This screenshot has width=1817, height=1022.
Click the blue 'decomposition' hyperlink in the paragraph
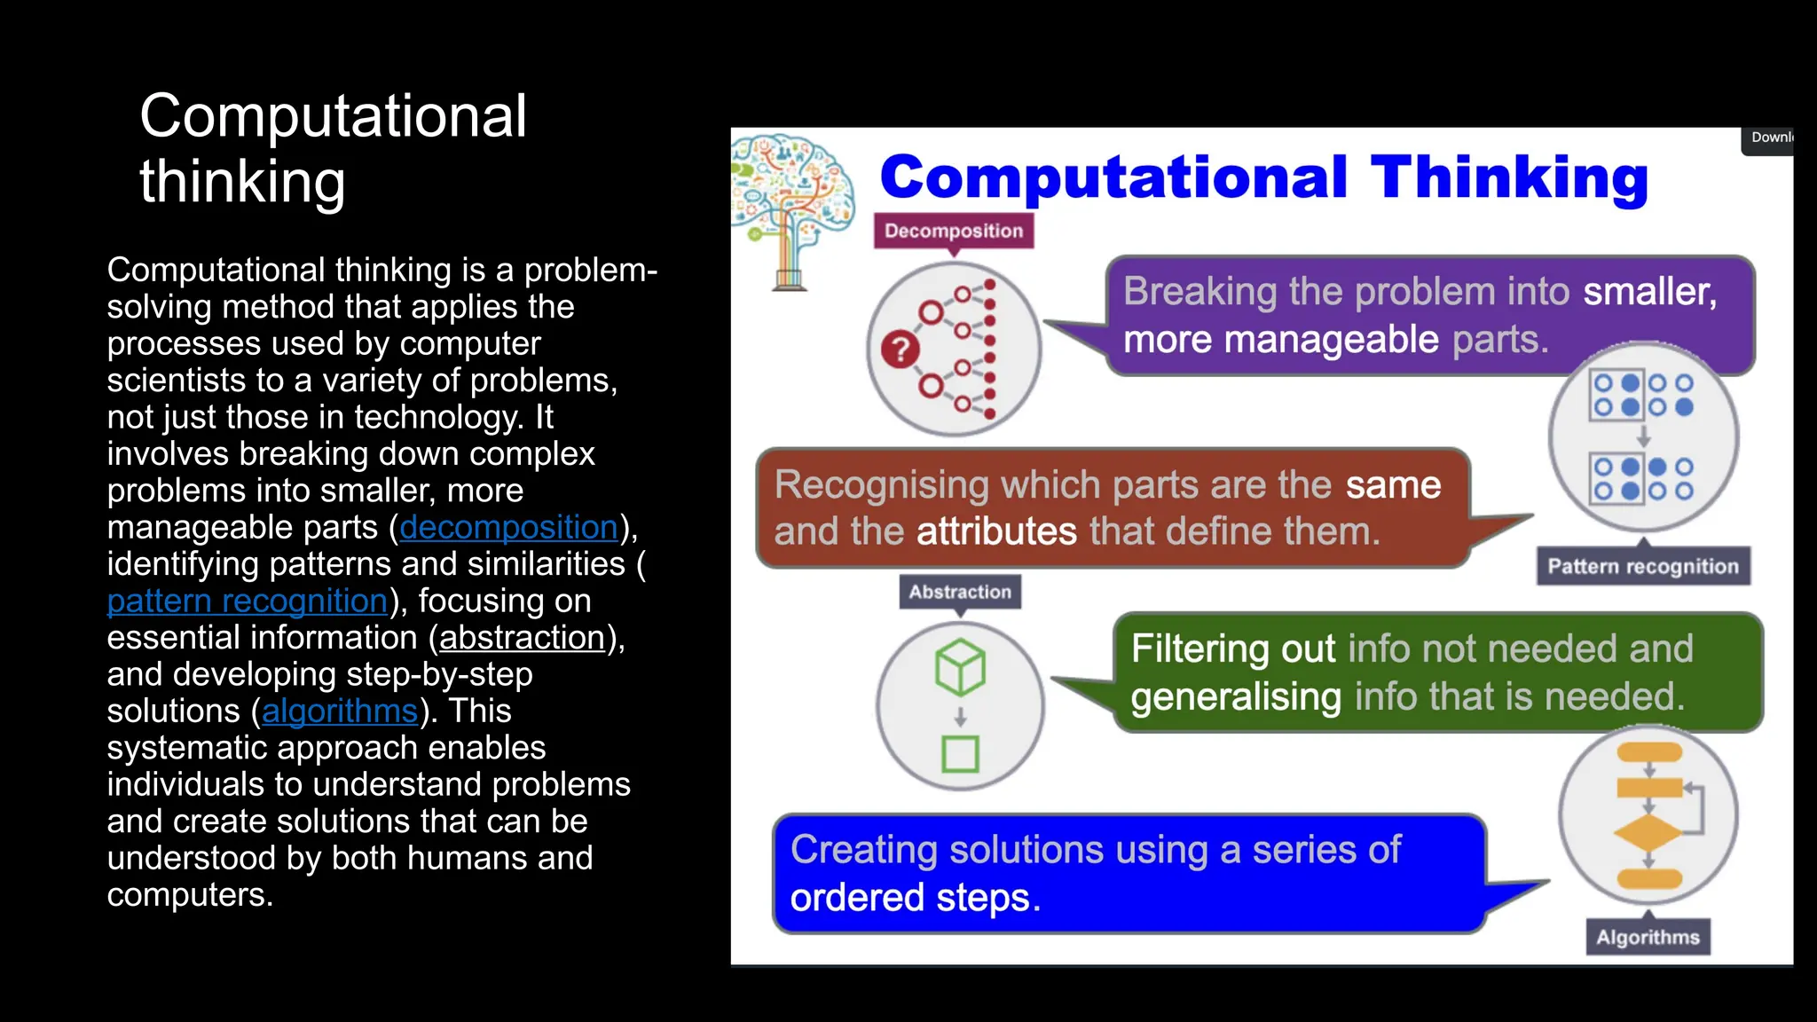point(508,528)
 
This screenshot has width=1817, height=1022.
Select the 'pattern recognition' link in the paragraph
point(248,601)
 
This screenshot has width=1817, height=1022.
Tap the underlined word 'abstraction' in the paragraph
point(522,638)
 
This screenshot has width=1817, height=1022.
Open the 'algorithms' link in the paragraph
point(340,711)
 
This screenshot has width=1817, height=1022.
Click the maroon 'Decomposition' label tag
point(954,231)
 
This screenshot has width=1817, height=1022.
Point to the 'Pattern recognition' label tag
point(1643,566)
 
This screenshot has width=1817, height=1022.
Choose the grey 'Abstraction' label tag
point(960,592)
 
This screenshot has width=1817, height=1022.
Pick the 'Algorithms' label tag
point(1648,937)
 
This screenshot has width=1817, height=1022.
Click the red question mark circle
point(900,349)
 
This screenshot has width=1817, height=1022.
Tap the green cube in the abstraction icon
point(960,667)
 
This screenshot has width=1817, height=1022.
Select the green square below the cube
point(960,754)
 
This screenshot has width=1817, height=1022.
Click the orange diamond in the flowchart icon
point(1648,833)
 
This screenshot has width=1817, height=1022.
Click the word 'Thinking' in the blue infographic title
point(1509,177)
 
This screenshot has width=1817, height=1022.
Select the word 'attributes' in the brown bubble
point(996,531)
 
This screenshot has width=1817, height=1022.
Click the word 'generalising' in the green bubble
point(1236,696)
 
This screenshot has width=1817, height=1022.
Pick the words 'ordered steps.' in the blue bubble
point(915,898)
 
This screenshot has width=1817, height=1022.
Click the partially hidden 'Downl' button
point(1769,138)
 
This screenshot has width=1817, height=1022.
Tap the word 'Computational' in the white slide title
point(333,116)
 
